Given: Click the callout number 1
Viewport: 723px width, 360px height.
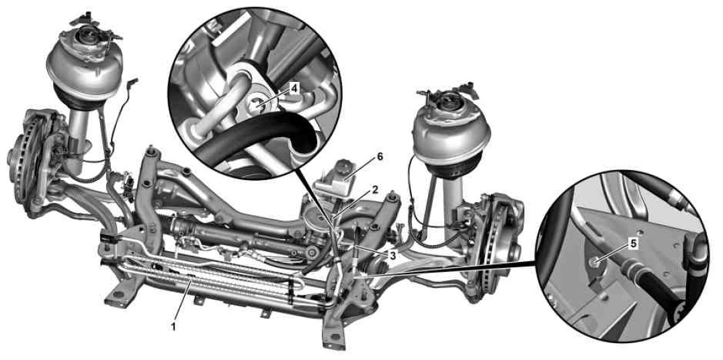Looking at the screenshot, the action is tap(174, 327).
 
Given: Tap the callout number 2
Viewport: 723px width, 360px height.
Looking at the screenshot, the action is tap(376, 189).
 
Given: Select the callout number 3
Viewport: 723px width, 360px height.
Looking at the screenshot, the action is tap(392, 255).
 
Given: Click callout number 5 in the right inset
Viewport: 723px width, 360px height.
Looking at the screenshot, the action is tap(634, 244).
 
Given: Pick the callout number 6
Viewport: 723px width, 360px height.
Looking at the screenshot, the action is tap(380, 156).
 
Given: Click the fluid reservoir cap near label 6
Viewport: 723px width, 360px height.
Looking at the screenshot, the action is tap(344, 167).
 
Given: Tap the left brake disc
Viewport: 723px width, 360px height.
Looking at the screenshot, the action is tap(21, 159).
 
